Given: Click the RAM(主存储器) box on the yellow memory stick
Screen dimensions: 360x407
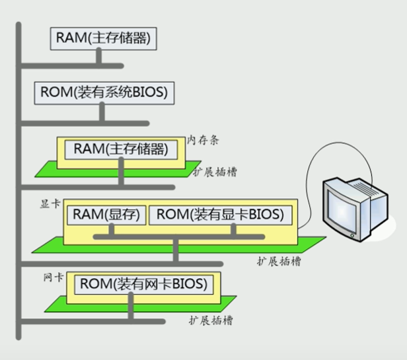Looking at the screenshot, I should (120, 149).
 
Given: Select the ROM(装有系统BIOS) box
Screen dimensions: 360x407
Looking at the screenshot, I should (104, 93).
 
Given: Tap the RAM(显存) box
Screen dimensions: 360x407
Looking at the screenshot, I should (106, 215).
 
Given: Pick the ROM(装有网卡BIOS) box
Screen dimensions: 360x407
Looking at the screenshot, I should (143, 284).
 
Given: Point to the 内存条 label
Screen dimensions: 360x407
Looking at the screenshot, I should (203, 140).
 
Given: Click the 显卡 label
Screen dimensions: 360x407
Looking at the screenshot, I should (51, 205).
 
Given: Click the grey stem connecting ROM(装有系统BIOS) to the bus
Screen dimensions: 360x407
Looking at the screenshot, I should (101, 113).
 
